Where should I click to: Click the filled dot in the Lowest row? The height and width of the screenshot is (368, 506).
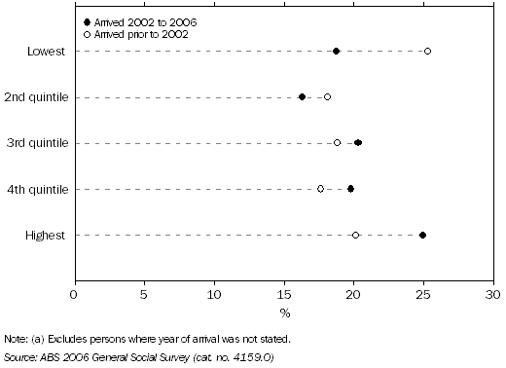pyautogui.click(x=337, y=51)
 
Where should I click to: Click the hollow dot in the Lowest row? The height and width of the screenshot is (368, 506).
pyautogui.click(x=427, y=51)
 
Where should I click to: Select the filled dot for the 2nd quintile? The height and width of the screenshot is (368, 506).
pyautogui.click(x=302, y=97)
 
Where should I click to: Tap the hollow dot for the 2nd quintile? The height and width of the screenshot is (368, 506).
pyautogui.click(x=327, y=97)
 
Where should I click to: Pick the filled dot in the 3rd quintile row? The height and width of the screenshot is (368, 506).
pyautogui.click(x=358, y=143)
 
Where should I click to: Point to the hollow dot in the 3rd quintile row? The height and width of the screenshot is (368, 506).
pyautogui.click(x=337, y=143)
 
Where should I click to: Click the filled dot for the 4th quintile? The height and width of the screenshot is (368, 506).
pyautogui.click(x=350, y=189)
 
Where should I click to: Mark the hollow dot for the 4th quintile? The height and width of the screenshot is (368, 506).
pyautogui.click(x=320, y=189)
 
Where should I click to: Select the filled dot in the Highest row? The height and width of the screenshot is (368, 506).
pyautogui.click(x=422, y=235)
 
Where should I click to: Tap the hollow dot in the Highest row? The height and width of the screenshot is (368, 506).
pyautogui.click(x=355, y=235)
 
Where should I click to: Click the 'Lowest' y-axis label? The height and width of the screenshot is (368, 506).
pyautogui.click(x=47, y=51)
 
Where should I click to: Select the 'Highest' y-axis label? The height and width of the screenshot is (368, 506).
pyautogui.click(x=47, y=235)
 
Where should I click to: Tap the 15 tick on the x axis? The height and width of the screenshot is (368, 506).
pyautogui.click(x=284, y=293)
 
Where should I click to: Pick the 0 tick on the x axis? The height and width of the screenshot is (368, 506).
pyautogui.click(x=75, y=293)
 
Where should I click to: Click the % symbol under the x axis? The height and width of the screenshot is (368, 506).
pyautogui.click(x=285, y=313)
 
